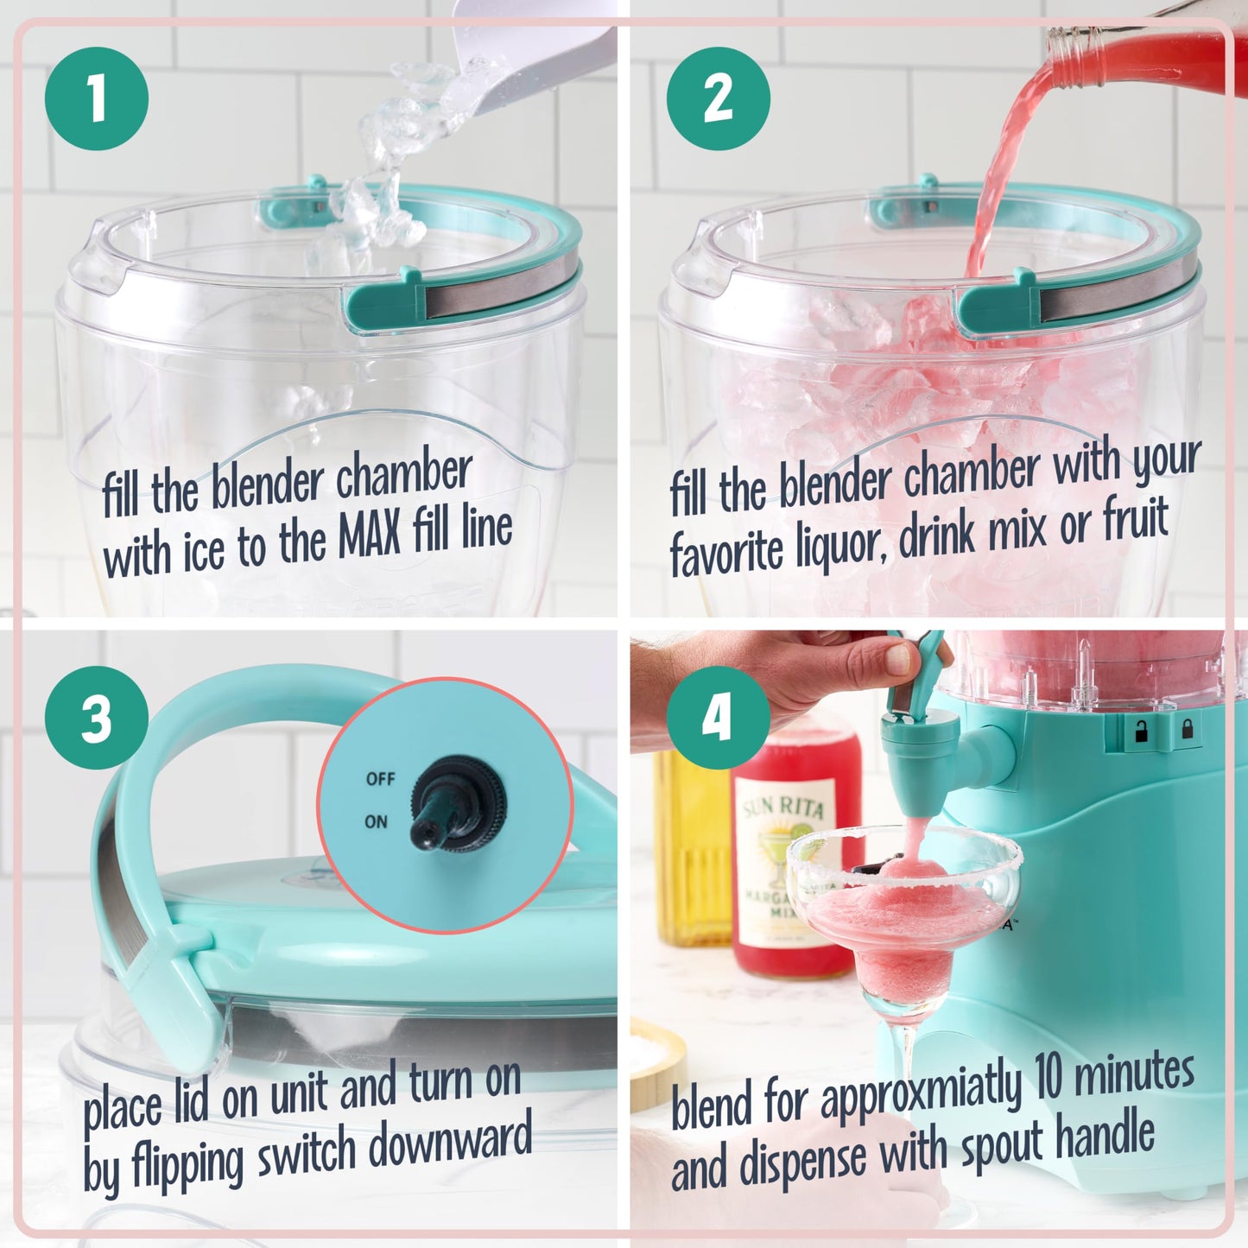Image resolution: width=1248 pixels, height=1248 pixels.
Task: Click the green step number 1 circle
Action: click(x=97, y=98)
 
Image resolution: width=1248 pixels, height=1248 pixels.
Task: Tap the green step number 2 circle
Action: click(x=718, y=98)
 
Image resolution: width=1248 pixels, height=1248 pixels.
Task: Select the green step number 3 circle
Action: click(x=97, y=718)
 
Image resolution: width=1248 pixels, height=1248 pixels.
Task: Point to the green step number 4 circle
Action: click(x=718, y=718)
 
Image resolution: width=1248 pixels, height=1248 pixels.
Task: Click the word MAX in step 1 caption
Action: click(x=369, y=535)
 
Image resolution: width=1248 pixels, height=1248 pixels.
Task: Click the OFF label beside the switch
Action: click(x=380, y=779)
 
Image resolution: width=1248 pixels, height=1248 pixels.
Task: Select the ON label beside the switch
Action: click(x=376, y=821)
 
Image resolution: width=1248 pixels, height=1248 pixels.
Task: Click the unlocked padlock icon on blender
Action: click(x=1141, y=732)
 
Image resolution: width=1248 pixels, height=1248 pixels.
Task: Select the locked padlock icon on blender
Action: click(x=1187, y=730)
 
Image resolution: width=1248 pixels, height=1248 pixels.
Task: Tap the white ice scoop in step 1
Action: click(x=535, y=60)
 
